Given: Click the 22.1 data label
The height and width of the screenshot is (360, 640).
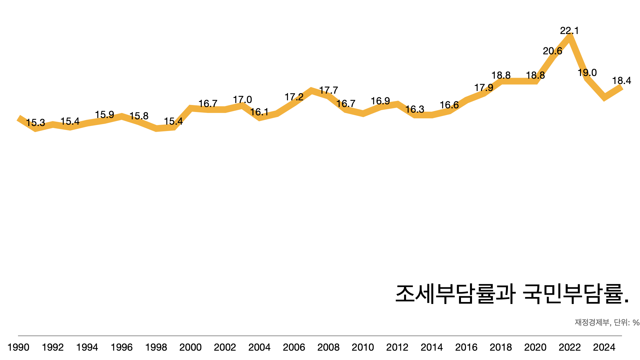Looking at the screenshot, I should [569, 31].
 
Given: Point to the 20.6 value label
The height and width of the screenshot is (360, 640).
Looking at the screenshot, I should [552, 51].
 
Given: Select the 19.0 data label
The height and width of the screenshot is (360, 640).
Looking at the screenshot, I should [587, 73].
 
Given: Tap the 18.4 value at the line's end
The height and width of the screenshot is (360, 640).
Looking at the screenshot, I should [621, 81].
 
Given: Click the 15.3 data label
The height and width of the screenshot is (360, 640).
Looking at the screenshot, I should [35, 123].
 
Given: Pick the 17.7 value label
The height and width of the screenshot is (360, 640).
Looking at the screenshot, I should [328, 90].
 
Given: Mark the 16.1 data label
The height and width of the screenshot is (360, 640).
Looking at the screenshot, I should [259, 112].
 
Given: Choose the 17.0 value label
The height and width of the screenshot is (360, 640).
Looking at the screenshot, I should [242, 100].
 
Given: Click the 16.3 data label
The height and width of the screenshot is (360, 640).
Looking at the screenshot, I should [415, 109].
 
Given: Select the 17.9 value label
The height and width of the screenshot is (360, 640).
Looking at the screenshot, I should [484, 88].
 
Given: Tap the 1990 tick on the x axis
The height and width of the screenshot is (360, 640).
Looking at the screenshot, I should [18, 347].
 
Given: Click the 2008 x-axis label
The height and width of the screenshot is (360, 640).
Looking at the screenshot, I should [328, 347].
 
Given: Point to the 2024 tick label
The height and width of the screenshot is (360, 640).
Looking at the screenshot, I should [604, 347].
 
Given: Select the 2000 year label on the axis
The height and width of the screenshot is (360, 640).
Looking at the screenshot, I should [190, 347].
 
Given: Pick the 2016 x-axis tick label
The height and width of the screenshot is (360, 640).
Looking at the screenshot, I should [466, 347].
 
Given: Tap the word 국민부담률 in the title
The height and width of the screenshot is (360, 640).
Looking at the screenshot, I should [572, 294].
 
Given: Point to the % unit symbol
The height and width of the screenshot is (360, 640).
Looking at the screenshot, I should [636, 323].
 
